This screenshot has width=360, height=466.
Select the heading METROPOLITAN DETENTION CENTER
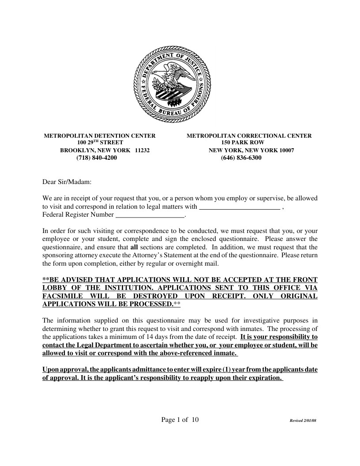tap(100, 136)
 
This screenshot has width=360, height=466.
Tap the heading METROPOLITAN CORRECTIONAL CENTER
tap(249, 136)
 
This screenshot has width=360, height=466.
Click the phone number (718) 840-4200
tap(97, 158)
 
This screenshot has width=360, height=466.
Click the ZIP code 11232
tap(142, 150)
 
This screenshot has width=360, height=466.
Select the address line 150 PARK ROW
tap(243, 143)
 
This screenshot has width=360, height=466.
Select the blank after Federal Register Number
tap(150, 215)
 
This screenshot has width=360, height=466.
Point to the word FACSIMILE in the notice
tap(61, 296)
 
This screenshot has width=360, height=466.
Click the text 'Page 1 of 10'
tap(180, 420)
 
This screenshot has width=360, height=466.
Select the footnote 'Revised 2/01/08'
tap(303, 421)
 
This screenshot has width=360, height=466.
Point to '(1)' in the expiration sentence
tap(230, 369)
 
